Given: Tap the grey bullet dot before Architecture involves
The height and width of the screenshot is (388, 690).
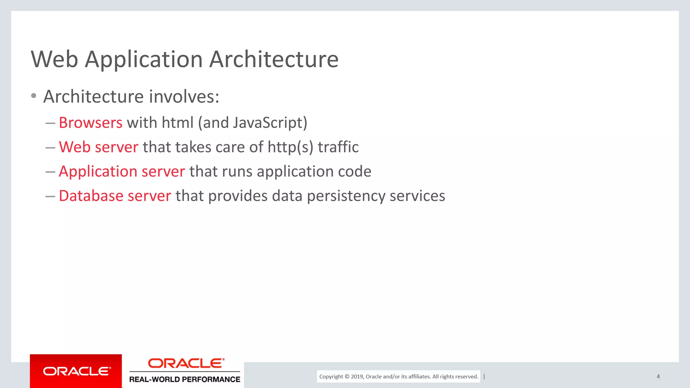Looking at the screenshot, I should [34, 96].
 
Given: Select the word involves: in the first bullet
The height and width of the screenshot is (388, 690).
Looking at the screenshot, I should [184, 97].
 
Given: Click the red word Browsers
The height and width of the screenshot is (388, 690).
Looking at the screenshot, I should [91, 123].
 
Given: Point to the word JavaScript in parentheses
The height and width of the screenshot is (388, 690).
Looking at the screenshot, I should [268, 123].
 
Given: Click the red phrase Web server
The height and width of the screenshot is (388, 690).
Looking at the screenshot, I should [98, 147].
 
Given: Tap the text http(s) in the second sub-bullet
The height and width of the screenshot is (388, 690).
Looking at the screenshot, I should [290, 147].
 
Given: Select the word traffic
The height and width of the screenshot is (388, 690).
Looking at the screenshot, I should [338, 147].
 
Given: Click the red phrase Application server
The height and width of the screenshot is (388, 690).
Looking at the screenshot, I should [122, 171].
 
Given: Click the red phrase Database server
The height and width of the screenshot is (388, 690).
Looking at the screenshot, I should [115, 196].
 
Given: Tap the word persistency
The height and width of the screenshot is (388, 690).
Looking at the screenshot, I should [346, 196].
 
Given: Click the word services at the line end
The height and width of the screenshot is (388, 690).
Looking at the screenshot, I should [417, 196].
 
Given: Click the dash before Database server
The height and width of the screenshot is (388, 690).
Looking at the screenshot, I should [50, 196].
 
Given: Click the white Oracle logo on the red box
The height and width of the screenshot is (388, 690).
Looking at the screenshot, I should [77, 371].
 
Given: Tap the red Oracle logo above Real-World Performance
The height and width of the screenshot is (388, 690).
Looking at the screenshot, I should [186, 363].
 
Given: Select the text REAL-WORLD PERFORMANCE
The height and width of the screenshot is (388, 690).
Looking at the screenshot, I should [185, 379].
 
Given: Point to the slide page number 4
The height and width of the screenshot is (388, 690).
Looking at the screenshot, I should [658, 377].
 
